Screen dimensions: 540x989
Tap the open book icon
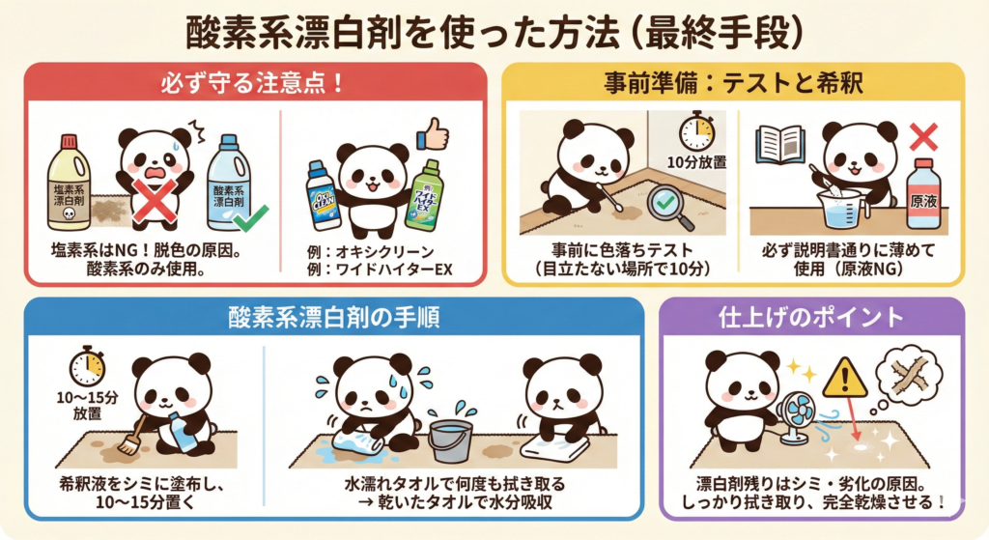coord(780,144)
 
